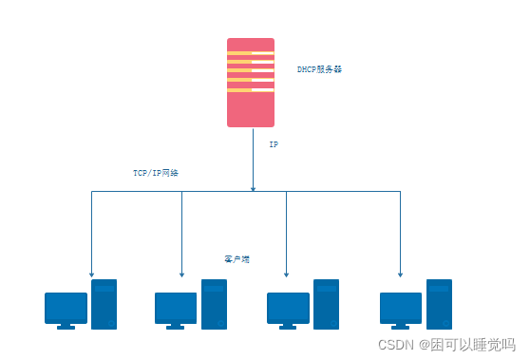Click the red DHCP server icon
tap(251, 104)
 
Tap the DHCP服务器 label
tap(319, 69)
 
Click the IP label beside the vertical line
tap(274, 145)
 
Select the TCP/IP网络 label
tap(155, 174)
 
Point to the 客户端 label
tap(237, 258)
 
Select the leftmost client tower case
tap(104, 304)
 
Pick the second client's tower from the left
tap(214, 304)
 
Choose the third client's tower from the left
tap(326, 304)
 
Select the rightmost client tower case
tap(439, 304)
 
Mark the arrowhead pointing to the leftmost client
tap(91, 274)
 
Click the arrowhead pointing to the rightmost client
tap(400, 274)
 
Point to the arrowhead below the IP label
tap(253, 188)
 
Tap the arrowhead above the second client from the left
tap(180, 274)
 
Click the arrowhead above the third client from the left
tap(286, 274)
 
